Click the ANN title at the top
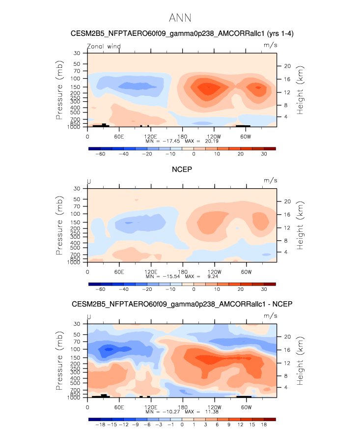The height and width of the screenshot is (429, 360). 180,18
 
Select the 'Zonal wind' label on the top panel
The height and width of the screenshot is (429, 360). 104,47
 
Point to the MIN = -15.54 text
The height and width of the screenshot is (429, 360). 163,276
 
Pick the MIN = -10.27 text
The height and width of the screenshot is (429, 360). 163,411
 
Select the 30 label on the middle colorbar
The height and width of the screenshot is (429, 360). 264,289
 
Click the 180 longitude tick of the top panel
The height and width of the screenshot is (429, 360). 182,136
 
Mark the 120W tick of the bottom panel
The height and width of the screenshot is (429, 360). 214,406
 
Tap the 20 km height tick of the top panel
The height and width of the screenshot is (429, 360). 288,66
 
